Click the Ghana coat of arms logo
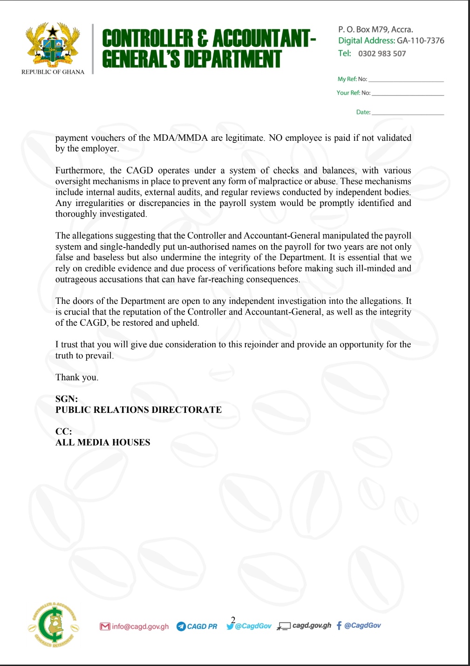(x=53, y=45)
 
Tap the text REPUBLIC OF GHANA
(x=53, y=72)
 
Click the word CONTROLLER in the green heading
(x=147, y=39)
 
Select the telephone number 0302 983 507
(x=382, y=54)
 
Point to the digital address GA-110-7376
(x=420, y=41)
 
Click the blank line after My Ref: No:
(x=406, y=80)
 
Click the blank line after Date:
(x=408, y=113)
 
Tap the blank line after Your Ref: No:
(x=408, y=94)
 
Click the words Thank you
(x=77, y=378)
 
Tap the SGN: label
(x=67, y=399)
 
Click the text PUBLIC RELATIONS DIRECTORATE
(x=138, y=410)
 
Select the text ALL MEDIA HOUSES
(x=102, y=442)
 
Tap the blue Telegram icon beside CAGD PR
(x=181, y=626)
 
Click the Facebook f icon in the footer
(x=339, y=625)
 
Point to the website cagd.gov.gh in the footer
(x=312, y=625)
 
